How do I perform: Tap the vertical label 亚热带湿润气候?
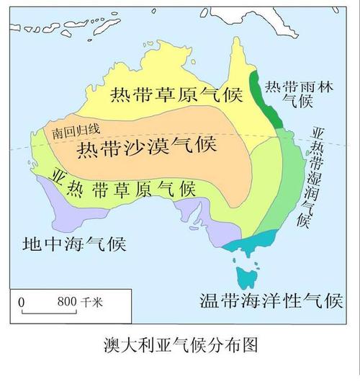(x=315, y=177)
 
